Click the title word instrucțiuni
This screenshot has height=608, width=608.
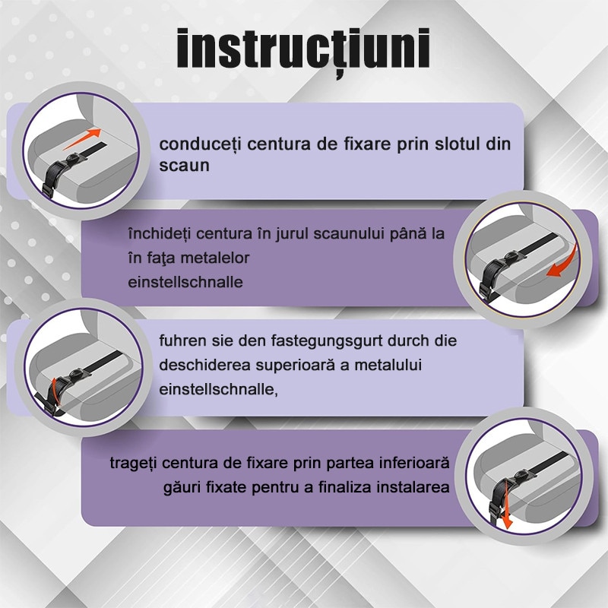coord(302,50)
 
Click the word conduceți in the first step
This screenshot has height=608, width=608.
coord(201,145)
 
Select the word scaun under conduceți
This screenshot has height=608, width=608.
coord(184,166)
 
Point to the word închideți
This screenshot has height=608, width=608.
coord(160,234)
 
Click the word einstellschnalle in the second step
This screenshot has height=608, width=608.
coord(185,282)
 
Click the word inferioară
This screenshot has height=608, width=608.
coord(414,463)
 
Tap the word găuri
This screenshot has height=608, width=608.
coord(182,487)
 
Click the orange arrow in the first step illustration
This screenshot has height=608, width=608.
coord(82,139)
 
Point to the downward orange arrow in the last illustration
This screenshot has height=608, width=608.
coord(505,505)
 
